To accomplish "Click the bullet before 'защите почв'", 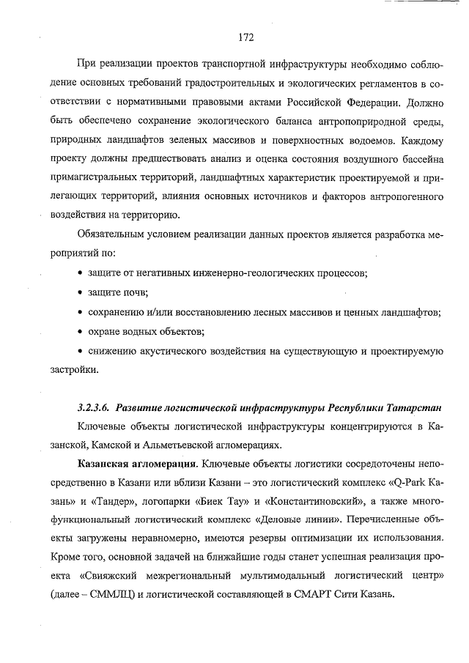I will click(x=80, y=293).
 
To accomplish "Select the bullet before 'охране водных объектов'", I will click(x=80, y=332).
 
